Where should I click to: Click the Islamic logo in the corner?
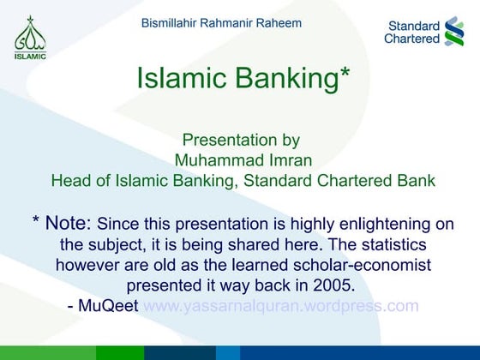30,38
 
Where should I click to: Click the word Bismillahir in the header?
171,22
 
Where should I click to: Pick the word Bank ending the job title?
416,181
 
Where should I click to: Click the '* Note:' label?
61,224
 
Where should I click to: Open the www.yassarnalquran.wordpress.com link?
281,306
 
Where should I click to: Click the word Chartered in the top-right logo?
411,39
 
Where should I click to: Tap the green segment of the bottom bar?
120,353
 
